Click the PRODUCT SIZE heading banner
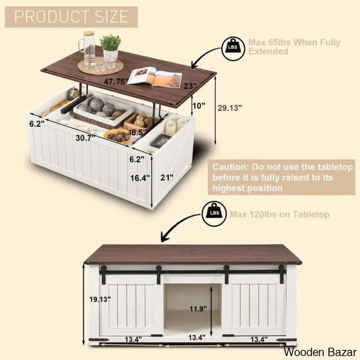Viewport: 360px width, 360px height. [x=71, y=17]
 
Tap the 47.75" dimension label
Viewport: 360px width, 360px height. [x=116, y=81]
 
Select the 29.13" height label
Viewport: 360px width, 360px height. [x=230, y=107]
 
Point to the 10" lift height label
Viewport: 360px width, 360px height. [x=199, y=106]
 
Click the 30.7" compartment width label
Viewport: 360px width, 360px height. [x=85, y=138]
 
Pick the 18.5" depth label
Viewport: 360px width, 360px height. [x=137, y=133]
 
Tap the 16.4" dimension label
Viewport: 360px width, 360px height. [x=140, y=178]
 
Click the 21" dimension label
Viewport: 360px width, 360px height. [x=167, y=177]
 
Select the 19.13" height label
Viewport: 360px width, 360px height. [x=100, y=299]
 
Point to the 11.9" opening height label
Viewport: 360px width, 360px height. [x=198, y=309]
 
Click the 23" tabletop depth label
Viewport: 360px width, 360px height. [x=190, y=86]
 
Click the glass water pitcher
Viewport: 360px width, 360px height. [x=88, y=49]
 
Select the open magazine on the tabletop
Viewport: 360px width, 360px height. [x=155, y=77]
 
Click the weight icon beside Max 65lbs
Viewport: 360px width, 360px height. [x=233, y=49]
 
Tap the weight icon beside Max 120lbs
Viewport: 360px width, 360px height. [x=214, y=214]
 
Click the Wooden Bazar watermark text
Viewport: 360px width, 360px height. [x=320, y=352]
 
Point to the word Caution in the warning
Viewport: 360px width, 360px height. [x=230, y=167]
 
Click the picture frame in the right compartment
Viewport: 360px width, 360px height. [x=161, y=140]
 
